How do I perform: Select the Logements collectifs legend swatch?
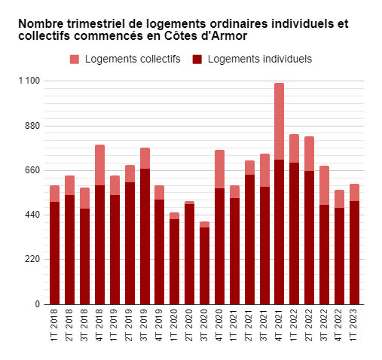75,59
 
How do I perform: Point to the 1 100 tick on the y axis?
29,81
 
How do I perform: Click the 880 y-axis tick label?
32,126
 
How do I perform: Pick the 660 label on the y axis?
32,170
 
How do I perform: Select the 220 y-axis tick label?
32,260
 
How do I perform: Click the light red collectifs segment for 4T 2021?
279,121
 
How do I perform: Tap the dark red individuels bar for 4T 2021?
279,232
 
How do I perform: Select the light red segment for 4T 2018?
99,165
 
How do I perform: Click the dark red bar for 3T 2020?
204,266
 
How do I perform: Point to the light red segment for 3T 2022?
324,185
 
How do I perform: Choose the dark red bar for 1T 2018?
54,253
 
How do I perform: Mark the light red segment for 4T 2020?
219,169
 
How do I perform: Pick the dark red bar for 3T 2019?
145,236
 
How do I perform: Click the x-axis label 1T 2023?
354,326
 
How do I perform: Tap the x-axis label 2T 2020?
189,326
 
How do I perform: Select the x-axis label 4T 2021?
279,326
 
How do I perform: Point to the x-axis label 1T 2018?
54,326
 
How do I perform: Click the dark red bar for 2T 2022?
309,237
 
